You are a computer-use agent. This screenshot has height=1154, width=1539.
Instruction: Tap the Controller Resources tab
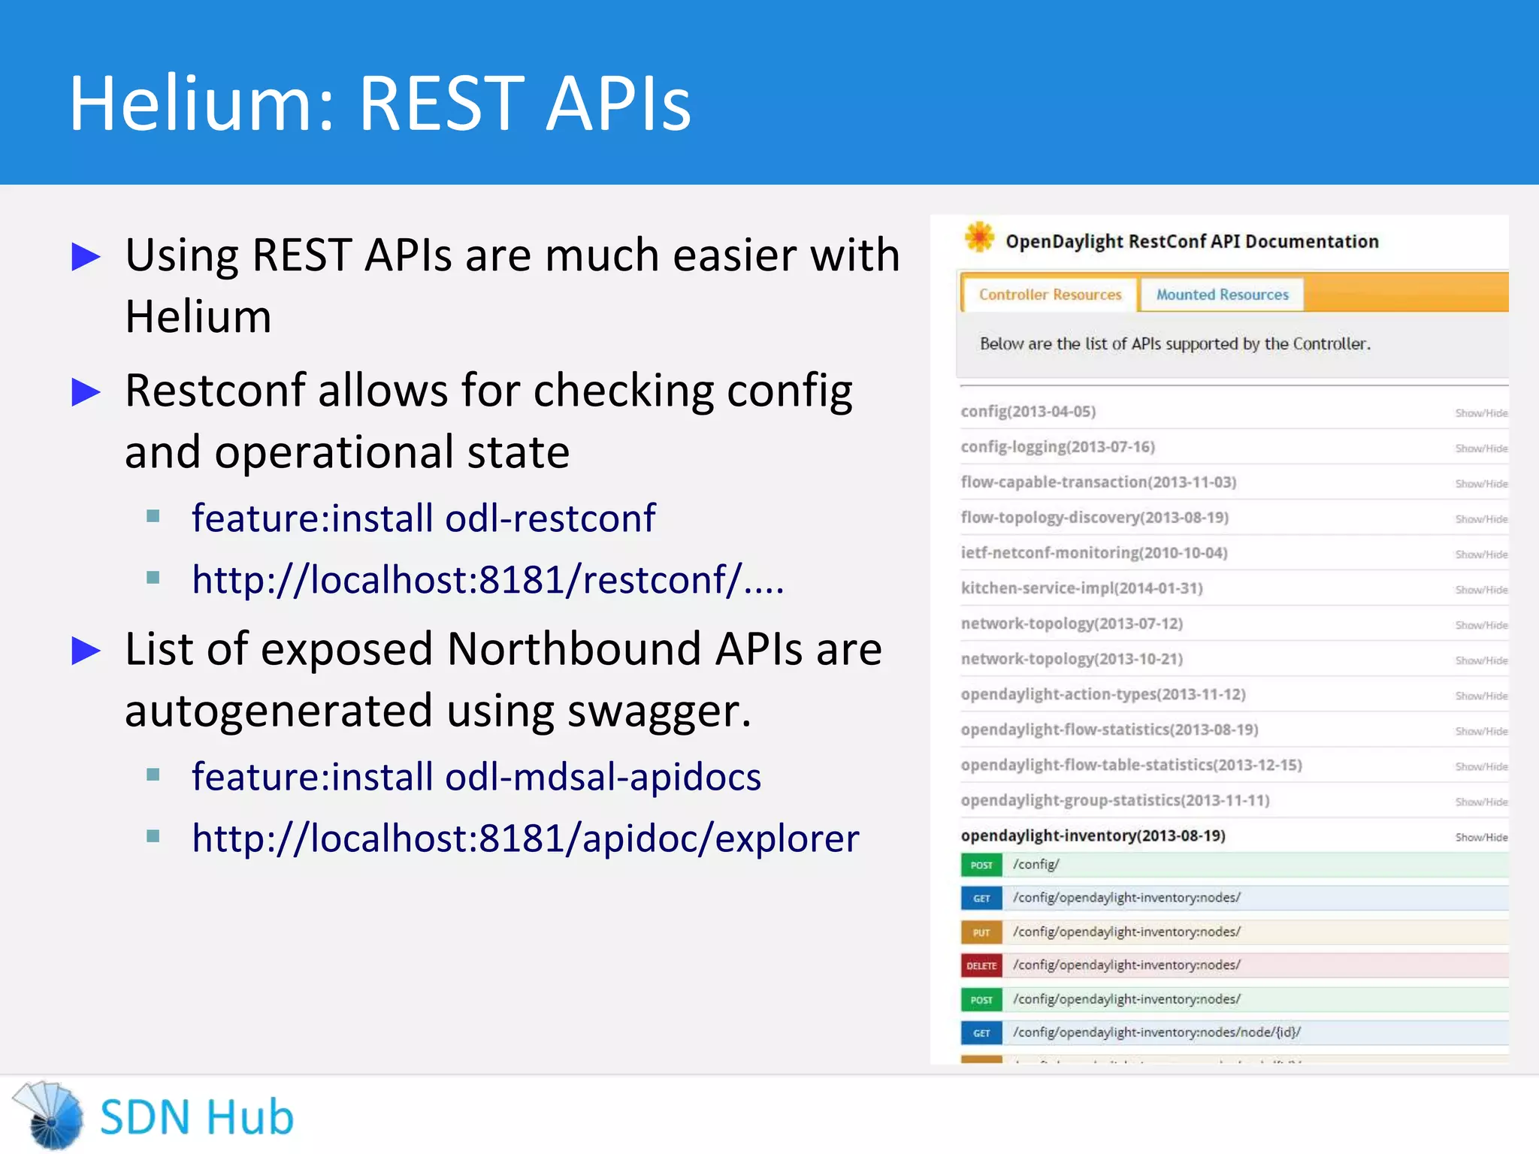point(1050,295)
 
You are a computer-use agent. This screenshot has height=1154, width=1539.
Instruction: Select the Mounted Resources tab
point(1222,295)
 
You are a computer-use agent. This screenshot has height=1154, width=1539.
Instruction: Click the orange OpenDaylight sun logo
point(979,237)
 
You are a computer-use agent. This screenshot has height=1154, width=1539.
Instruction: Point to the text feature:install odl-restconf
point(423,518)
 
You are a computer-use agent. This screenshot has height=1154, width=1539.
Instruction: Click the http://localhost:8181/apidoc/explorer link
point(525,838)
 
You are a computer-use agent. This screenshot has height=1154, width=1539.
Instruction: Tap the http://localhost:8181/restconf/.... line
point(488,579)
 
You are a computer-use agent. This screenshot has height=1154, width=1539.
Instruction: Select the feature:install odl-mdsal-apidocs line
point(476,776)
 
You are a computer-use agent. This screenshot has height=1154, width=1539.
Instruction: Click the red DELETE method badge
point(981,965)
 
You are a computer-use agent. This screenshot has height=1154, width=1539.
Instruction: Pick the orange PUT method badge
point(981,932)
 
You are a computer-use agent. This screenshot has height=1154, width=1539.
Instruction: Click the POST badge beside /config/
point(981,865)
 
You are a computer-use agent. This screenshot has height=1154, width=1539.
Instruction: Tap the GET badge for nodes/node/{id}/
point(981,1033)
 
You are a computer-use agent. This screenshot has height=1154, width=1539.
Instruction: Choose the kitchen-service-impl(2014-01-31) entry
point(1081,588)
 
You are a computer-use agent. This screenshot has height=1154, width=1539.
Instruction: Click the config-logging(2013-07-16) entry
point(1057,447)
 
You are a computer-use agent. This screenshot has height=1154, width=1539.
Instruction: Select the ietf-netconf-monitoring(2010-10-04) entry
point(1093,553)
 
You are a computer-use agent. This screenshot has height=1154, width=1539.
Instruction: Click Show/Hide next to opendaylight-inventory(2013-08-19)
point(1480,837)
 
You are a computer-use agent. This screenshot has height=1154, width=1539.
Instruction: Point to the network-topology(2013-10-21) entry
point(1072,659)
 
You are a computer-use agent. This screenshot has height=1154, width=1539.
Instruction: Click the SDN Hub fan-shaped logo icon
point(50,1115)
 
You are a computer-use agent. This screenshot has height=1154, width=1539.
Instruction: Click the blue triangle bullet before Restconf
point(86,392)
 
